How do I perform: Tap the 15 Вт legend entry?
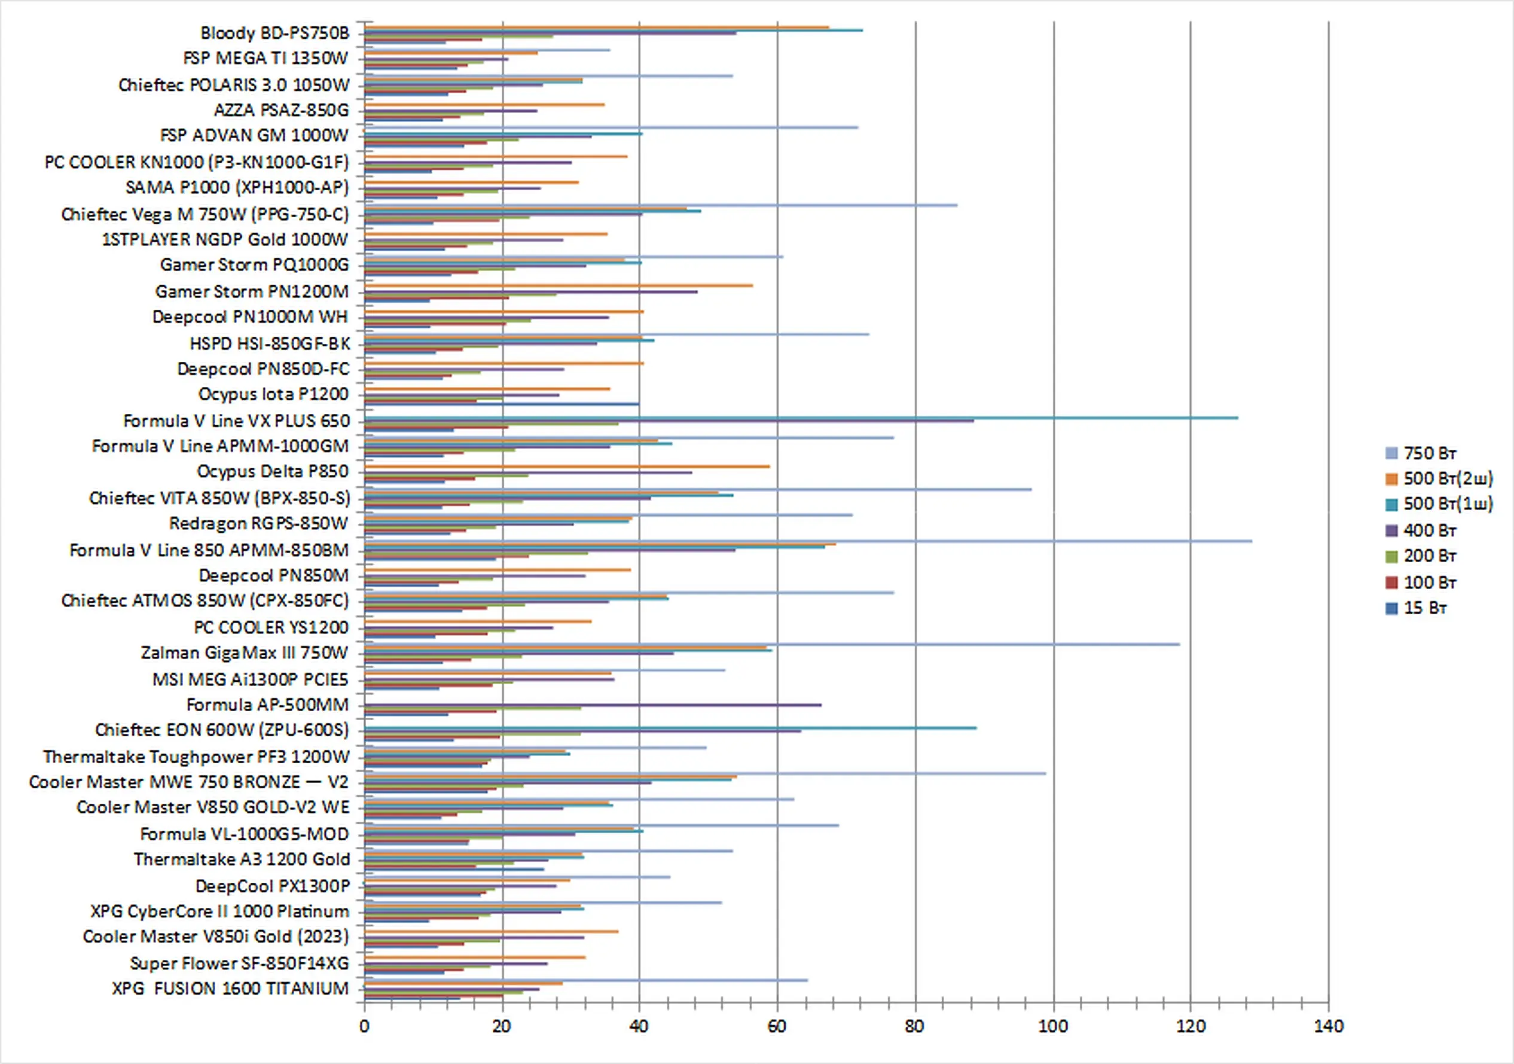1424,608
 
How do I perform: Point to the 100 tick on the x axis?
1053,1026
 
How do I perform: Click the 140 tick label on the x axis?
1328,1026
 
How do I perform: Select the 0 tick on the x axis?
364,1026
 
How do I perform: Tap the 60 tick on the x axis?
777,1026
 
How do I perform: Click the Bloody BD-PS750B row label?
274,33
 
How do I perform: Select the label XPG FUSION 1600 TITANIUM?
230,988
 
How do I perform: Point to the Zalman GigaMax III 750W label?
244,653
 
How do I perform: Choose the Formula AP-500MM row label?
267,705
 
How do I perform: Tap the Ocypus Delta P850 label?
272,471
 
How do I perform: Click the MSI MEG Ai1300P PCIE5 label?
250,679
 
